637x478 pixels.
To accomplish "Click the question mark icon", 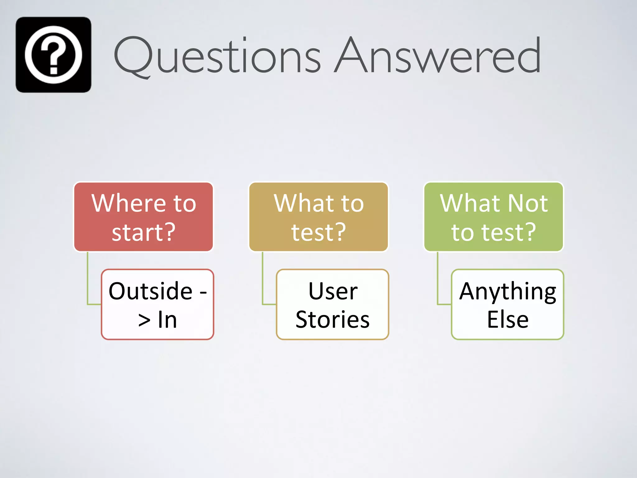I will click(x=53, y=55).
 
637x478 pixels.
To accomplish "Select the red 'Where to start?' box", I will click(x=143, y=217).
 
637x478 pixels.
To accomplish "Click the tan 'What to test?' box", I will click(x=318, y=217).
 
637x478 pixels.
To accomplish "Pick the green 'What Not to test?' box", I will click(x=494, y=217).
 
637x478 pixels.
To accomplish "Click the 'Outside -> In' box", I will click(x=157, y=304).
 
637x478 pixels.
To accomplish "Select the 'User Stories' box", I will click(x=332, y=304).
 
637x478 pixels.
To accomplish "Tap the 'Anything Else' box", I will click(x=508, y=304).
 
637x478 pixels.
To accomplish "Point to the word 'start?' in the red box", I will click(x=143, y=232).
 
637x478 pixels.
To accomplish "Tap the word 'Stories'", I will click(x=332, y=320).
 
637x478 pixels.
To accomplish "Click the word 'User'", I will click(x=333, y=291).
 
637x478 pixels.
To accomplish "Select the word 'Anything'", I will click(x=508, y=292).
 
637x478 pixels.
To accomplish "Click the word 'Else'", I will click(x=508, y=320).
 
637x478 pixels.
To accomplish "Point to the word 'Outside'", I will click(x=151, y=291).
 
